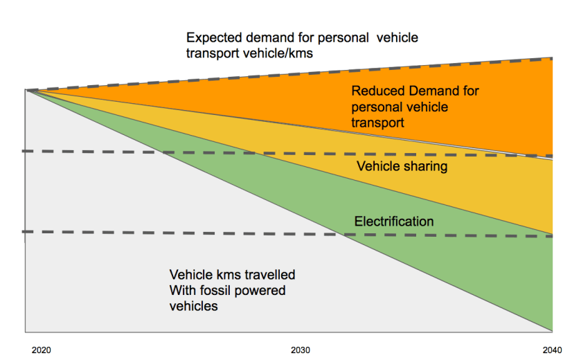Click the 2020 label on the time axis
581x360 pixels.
[42, 350]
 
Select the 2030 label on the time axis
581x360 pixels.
[301, 350]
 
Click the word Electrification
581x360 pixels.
[394, 222]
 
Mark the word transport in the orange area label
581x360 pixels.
[377, 123]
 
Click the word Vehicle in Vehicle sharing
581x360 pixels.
[378, 167]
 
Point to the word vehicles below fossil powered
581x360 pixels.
[193, 306]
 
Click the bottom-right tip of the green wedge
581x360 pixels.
[552, 330]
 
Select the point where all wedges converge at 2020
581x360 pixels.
[27, 90]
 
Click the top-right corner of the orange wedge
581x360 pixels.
[552, 58]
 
